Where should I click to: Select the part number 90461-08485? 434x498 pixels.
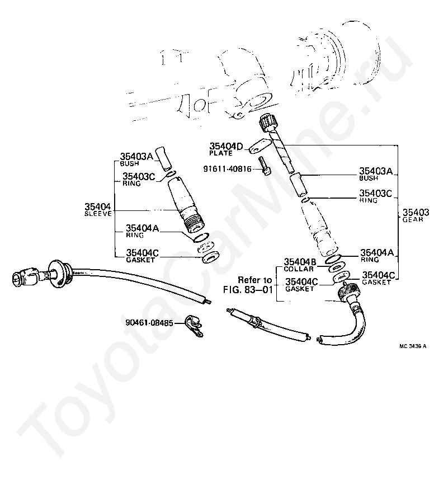pyautogui.click(x=149, y=323)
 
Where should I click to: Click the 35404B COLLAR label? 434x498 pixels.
pyautogui.click(x=300, y=264)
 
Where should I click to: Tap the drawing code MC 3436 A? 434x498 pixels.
pyautogui.click(x=413, y=346)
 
